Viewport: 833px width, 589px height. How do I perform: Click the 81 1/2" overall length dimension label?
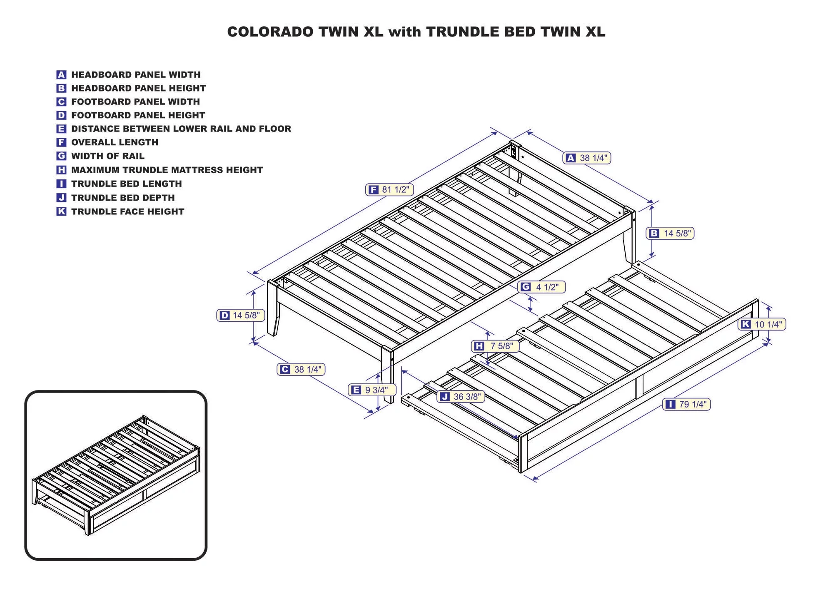coord(389,190)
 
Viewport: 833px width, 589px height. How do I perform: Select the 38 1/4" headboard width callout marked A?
coord(587,158)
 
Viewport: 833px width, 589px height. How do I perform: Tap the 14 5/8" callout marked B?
coord(670,234)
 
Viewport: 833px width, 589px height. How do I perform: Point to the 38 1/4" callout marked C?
coord(301,369)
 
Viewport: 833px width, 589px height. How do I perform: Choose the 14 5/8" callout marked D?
coord(240,316)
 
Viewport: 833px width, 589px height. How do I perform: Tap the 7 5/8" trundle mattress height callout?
coord(495,346)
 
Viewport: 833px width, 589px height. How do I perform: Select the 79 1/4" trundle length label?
coord(686,404)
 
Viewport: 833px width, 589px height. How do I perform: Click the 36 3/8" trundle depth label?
coord(461,397)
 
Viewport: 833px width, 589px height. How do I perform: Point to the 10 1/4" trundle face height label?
coord(762,324)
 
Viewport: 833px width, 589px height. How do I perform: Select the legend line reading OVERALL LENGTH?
coord(115,142)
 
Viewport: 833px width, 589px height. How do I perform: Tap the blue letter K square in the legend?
coord(61,211)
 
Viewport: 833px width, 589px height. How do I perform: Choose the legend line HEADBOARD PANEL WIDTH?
coord(136,75)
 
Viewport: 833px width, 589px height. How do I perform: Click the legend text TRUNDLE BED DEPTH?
coord(123,198)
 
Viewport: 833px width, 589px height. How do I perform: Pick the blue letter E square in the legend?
coord(61,129)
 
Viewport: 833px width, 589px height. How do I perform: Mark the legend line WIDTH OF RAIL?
coord(107,156)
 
